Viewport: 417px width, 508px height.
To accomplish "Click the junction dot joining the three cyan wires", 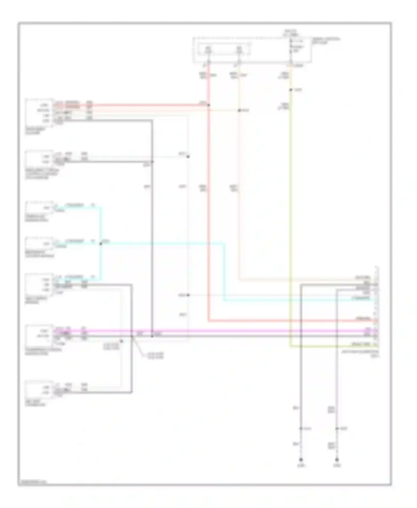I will click(x=101, y=244).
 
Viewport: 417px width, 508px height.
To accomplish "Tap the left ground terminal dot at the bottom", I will click(x=301, y=460).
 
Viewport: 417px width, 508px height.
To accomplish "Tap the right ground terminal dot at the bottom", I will click(x=337, y=460).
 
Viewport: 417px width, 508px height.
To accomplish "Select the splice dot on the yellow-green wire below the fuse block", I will click(x=291, y=90).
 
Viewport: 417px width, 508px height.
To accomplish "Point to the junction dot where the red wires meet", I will click(x=209, y=105).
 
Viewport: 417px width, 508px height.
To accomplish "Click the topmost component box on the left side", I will click(x=39, y=113).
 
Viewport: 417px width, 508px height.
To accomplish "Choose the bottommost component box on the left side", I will click(x=39, y=390).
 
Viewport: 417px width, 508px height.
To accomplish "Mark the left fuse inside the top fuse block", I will click(x=208, y=51).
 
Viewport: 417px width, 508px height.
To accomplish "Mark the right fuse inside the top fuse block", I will click(x=239, y=51).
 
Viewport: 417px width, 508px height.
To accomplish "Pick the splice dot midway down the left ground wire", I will click(x=301, y=429).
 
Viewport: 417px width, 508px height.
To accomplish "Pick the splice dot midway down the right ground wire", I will click(x=337, y=429).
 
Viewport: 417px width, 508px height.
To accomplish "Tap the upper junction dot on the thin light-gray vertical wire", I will click(x=188, y=156).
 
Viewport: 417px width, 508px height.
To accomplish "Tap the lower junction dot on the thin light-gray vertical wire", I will click(x=188, y=295).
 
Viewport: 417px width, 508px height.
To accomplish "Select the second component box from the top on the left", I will click(x=39, y=159).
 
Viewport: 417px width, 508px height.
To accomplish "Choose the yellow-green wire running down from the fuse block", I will click(x=291, y=195).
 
